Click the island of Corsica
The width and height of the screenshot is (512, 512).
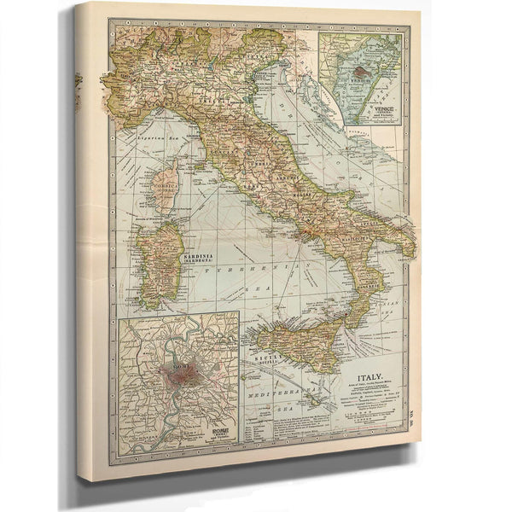coord(166,189)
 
